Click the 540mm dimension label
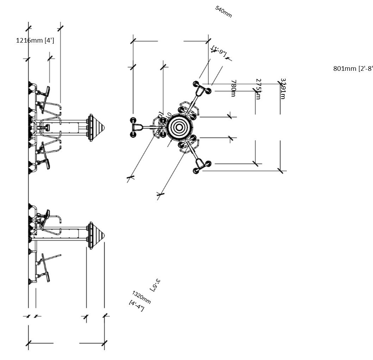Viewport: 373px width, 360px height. (x=223, y=12)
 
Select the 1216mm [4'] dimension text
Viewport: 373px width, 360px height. (x=35, y=40)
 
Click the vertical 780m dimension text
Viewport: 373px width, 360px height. (x=233, y=88)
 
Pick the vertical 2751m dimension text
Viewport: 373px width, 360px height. (x=258, y=89)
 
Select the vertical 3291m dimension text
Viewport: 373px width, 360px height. (x=283, y=89)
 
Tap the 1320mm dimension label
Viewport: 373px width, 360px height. (x=141, y=297)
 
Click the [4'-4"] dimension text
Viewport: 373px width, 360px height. (x=137, y=305)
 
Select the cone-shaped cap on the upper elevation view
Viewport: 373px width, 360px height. (x=96, y=127)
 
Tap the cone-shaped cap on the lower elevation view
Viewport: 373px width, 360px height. (x=96, y=235)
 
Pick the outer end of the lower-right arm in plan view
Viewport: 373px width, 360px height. (x=201, y=167)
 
